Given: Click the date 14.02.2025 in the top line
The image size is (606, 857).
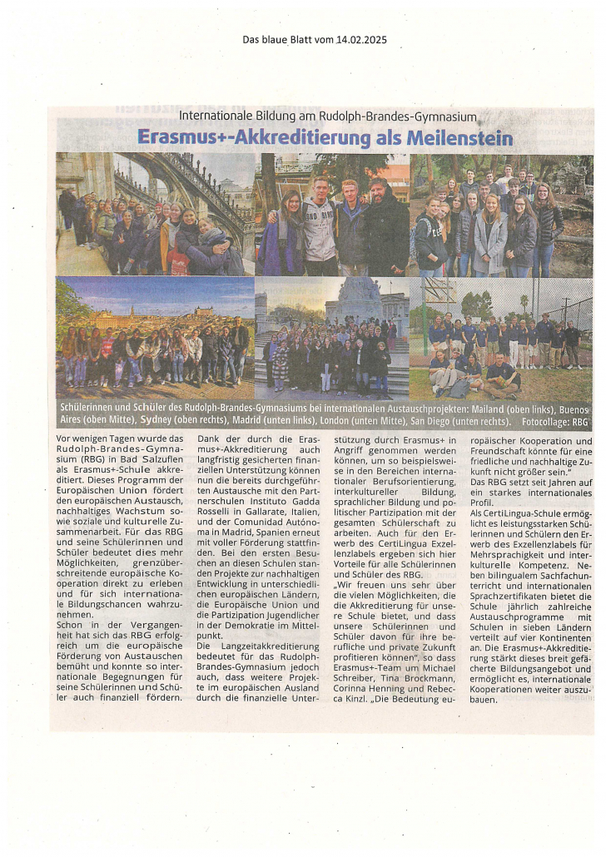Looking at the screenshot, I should point(360,39).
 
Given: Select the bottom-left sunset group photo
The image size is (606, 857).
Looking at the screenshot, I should point(155,338).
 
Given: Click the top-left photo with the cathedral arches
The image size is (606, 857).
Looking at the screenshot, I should point(155,214).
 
